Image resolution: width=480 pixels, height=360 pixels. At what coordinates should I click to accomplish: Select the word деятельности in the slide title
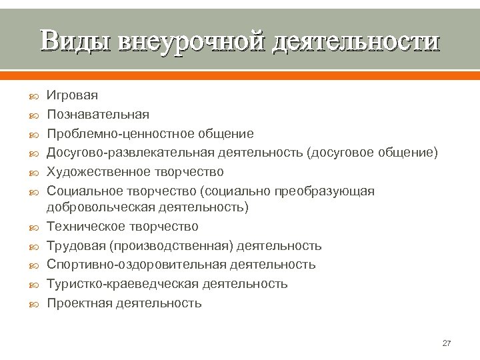point(354,41)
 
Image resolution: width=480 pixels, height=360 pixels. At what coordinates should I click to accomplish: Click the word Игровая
point(72,96)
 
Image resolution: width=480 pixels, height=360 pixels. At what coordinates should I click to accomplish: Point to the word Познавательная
point(98,115)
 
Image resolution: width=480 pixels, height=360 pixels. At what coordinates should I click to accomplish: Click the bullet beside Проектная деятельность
point(35,304)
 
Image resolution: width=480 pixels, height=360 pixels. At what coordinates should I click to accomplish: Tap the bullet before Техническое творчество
point(35,227)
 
